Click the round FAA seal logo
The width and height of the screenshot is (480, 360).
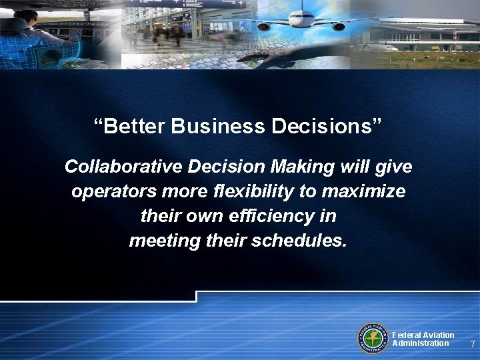373,337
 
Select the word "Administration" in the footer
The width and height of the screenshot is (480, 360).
420,343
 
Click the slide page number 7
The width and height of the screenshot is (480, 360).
472,345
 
